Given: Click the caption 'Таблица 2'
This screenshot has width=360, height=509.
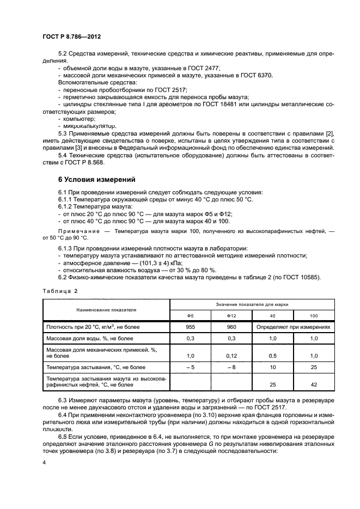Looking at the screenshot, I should (60, 291).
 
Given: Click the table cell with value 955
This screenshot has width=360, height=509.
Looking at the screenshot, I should (191, 328).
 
